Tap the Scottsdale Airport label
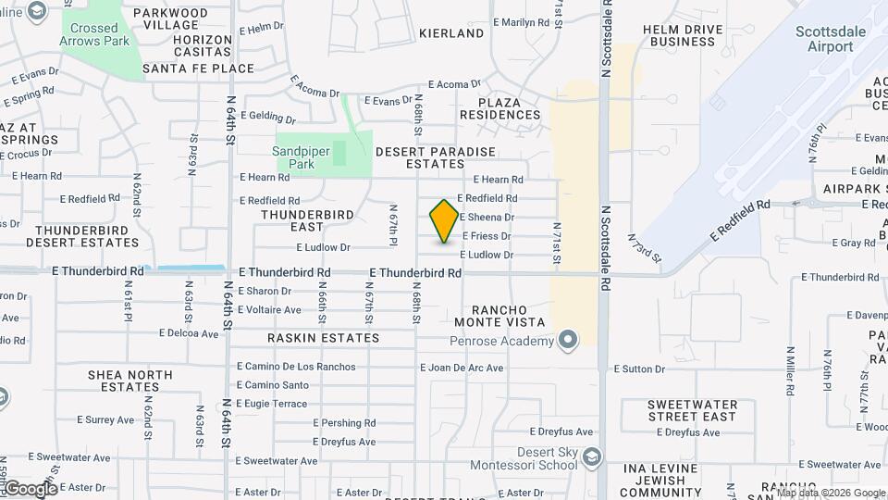point(831,39)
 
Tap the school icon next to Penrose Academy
point(568,340)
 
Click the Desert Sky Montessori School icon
point(592,457)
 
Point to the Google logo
point(31,489)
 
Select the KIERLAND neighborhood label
point(451,33)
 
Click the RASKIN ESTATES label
point(324,338)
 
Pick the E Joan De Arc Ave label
point(462,368)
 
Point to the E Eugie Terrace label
point(271,404)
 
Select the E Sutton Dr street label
point(637,369)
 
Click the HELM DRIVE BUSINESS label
point(684,35)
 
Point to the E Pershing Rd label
point(342,423)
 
